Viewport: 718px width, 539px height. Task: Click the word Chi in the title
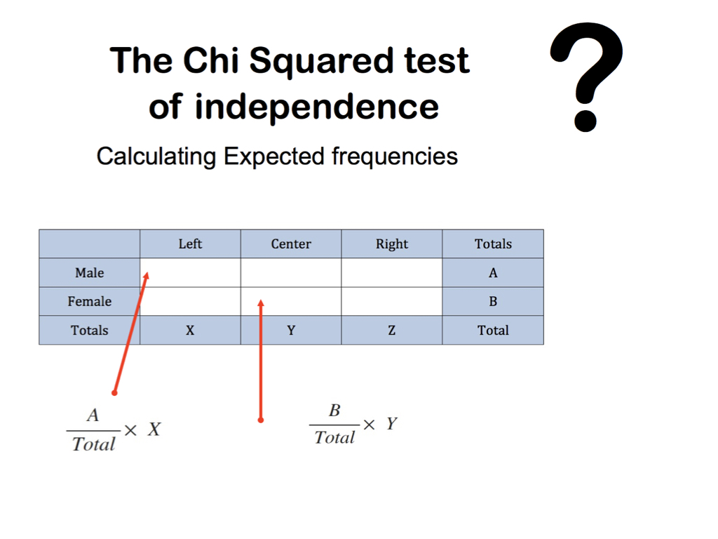(211, 60)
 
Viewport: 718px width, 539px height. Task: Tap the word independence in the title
(317, 107)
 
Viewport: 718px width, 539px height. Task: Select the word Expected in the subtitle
(274, 157)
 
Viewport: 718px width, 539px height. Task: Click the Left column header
(190, 244)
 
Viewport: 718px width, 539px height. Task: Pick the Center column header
(291, 244)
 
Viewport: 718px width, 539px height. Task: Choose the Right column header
(391, 244)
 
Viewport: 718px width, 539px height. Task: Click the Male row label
(89, 273)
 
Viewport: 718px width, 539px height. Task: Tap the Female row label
(89, 302)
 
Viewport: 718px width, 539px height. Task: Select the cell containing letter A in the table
(493, 273)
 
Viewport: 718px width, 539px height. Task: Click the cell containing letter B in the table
(493, 302)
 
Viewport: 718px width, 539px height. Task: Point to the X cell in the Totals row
(190, 330)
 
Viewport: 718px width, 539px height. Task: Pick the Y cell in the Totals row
(291, 330)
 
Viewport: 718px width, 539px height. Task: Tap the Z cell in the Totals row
(391, 330)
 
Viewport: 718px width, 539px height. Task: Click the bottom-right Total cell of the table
(493, 330)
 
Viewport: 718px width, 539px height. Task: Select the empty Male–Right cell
(391, 273)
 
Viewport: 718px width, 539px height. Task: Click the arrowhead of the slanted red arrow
(147, 274)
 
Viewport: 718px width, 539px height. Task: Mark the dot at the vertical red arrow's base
(261, 420)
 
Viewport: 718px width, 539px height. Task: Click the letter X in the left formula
(154, 430)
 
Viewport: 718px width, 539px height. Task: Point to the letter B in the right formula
(334, 410)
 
